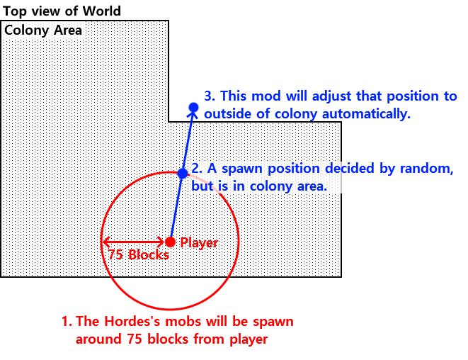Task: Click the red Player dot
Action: [x=170, y=242]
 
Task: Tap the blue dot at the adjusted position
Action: [x=193, y=108]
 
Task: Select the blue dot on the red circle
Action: [x=182, y=173]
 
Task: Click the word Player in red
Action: [x=199, y=242]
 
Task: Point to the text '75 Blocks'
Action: [x=139, y=255]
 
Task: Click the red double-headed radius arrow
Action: [x=135, y=242]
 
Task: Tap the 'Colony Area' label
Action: [x=43, y=30]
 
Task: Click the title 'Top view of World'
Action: [x=62, y=11]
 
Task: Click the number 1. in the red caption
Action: [x=67, y=322]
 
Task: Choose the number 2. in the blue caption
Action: [x=198, y=169]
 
